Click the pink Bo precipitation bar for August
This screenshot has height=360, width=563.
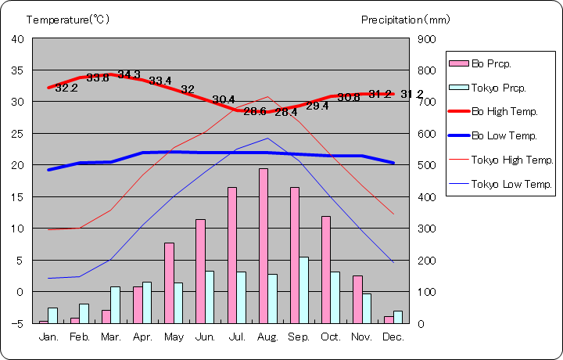tap(264, 246)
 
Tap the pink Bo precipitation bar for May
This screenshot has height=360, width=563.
tap(169, 283)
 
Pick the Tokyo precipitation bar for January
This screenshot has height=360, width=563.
tap(53, 315)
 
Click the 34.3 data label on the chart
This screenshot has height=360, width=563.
tap(129, 75)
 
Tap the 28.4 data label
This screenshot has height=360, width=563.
tap(286, 112)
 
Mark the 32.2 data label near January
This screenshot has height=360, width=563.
tap(66, 88)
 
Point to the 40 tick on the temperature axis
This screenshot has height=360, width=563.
tap(18, 38)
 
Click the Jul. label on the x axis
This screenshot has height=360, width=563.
tap(236, 337)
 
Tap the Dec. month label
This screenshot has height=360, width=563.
tap(393, 337)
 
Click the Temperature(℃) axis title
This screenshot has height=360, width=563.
tap(69, 19)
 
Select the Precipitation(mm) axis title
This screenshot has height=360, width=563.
tap(406, 19)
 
